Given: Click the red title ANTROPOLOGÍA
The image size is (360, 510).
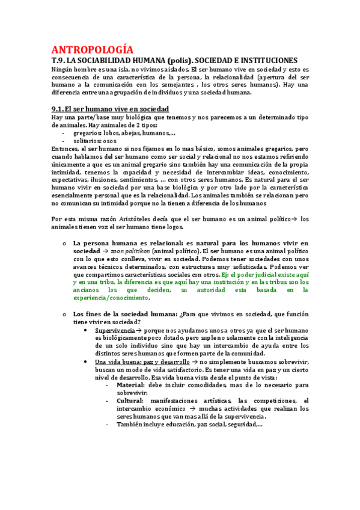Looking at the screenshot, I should point(93,49).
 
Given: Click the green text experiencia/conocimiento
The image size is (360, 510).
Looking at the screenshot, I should point(110,298).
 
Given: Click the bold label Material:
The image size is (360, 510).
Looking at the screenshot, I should point(130,385).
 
